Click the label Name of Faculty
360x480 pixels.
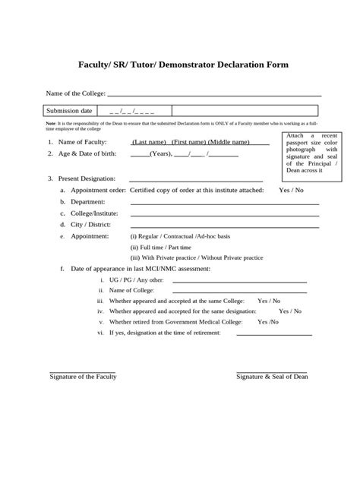coord(83,142)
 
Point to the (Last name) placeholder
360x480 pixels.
coord(149,142)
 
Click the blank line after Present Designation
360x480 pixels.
coord(197,179)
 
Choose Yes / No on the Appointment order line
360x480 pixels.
coord(291,190)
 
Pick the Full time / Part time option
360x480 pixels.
coord(160,247)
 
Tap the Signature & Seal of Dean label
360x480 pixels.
coord(277,377)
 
